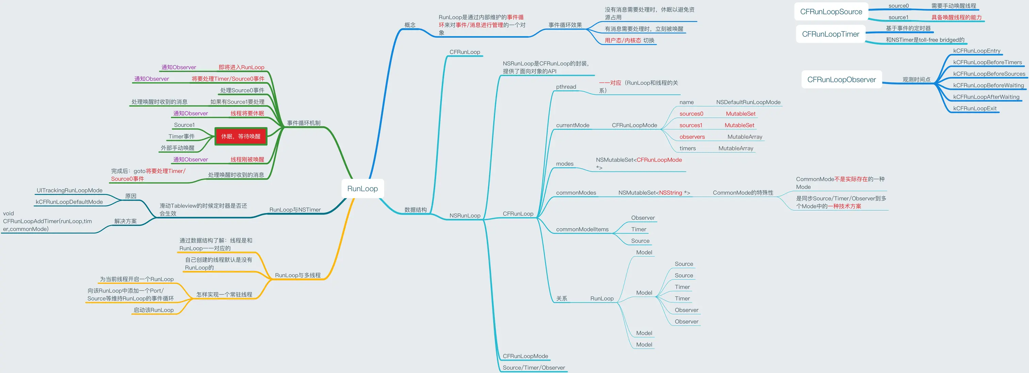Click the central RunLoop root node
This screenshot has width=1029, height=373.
tap(362, 189)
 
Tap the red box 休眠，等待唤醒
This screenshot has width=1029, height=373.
tap(241, 136)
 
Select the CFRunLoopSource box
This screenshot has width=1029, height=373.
tap(831, 12)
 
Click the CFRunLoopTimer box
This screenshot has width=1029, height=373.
tap(831, 34)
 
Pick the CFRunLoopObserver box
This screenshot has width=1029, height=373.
tap(841, 80)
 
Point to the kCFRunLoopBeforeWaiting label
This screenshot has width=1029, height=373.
tap(988, 85)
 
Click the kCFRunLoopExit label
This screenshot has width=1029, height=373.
tap(975, 109)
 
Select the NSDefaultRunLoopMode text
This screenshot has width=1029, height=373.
tap(748, 102)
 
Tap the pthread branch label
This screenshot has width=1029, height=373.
tap(566, 87)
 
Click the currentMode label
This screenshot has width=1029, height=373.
tap(572, 125)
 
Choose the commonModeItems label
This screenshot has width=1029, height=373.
tap(582, 229)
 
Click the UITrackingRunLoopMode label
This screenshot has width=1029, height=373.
tap(69, 191)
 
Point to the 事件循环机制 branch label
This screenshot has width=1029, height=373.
tap(304, 123)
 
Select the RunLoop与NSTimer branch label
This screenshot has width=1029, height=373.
tap(295, 210)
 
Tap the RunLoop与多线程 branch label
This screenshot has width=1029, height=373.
tap(298, 275)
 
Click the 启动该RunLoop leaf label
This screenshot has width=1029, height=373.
tap(153, 310)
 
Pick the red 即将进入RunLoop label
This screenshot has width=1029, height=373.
tap(241, 67)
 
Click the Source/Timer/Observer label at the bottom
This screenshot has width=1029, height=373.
tap(534, 368)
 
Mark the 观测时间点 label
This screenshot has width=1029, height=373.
tap(916, 80)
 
